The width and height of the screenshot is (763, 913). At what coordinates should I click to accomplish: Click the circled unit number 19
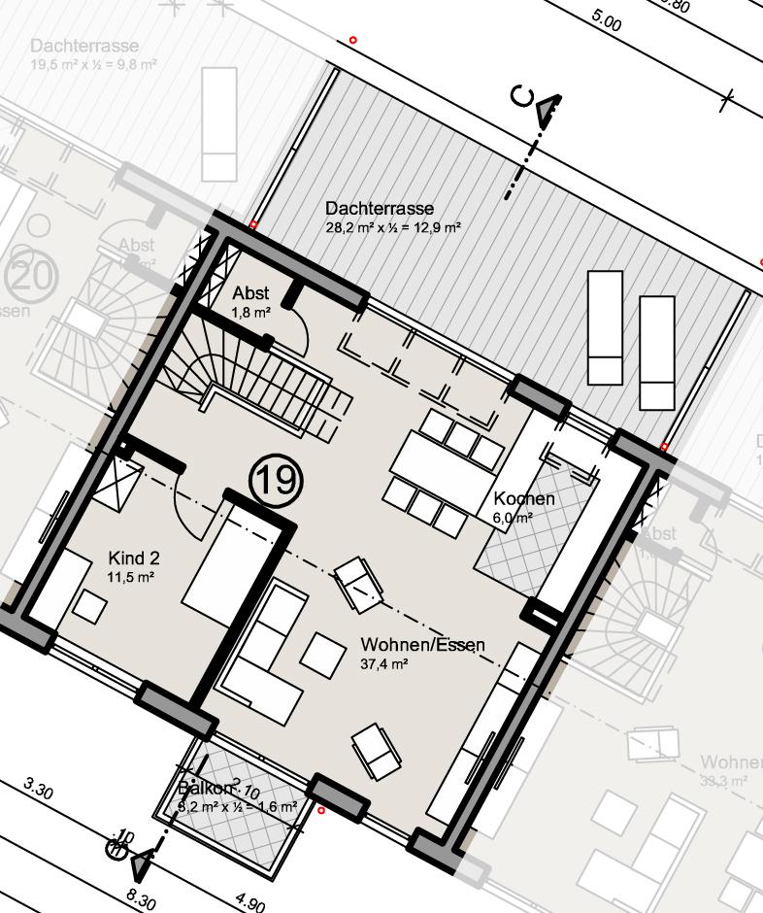pyautogui.click(x=277, y=481)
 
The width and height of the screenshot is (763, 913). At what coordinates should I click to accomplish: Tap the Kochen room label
pyautogui.click(x=524, y=499)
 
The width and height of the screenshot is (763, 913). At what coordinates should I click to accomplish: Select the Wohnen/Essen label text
pyautogui.click(x=422, y=645)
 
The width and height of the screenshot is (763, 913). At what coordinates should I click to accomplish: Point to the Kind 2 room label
pyautogui.click(x=134, y=558)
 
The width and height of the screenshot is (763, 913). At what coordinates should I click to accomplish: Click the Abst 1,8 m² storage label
pyautogui.click(x=250, y=293)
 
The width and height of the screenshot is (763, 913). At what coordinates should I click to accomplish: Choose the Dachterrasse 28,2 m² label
pyautogui.click(x=380, y=209)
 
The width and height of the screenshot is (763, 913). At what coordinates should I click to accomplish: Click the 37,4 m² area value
pyautogui.click(x=383, y=664)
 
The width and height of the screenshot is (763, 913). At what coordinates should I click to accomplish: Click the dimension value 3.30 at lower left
pyautogui.click(x=37, y=788)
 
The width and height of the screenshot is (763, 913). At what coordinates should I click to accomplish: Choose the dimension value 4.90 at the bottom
pyautogui.click(x=249, y=904)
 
